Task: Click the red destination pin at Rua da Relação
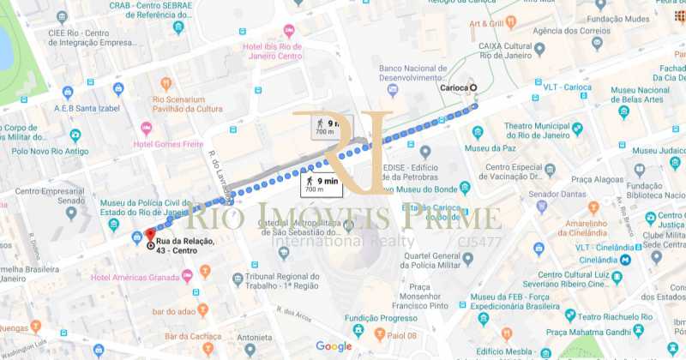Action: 150,234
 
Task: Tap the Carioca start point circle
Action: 474,87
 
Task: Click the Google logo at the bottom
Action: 334,346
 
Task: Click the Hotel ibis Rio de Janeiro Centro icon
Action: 289,30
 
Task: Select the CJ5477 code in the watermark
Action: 480,242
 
